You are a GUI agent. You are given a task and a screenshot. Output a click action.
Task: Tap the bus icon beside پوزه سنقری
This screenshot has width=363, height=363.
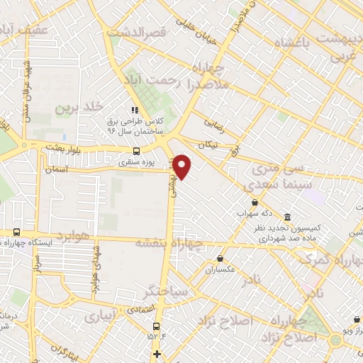pos(137,150)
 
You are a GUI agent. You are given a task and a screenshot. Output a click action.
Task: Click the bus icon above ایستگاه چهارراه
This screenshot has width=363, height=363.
pos(16,233)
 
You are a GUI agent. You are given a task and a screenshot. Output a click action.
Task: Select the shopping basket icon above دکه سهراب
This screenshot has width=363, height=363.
pos(254,203)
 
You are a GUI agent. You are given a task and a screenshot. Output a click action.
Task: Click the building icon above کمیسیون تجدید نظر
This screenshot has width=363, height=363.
pos(286,217)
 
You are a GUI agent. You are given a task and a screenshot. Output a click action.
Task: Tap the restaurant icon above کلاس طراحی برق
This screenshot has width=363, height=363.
pos(134,110)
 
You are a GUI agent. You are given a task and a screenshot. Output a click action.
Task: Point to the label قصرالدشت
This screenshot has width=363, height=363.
pos(136,33)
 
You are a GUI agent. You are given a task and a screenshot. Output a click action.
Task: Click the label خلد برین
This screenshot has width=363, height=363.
pos(74,108)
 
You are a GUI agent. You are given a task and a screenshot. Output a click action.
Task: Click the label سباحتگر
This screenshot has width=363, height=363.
pos(164,291)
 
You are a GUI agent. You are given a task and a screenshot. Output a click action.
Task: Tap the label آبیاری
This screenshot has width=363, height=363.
pos(100,318)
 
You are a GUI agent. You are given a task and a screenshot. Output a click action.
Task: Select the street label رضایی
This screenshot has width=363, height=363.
pos(214,123)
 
